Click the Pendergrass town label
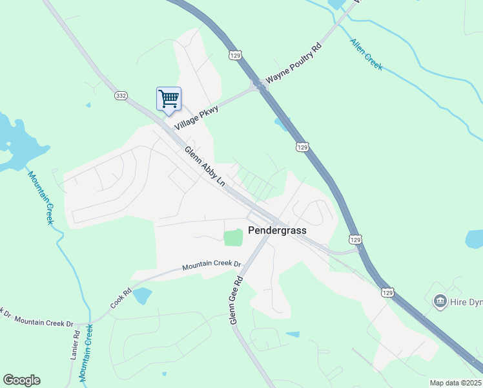point(277,230)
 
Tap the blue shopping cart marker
point(169,100)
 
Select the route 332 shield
point(121,95)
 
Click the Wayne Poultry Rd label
point(294,63)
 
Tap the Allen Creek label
point(366,54)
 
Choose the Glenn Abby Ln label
point(205,166)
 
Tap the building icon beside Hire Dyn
point(440,301)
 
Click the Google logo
point(21,380)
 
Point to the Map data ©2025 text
point(455,383)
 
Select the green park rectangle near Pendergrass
point(233,237)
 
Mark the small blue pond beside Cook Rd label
point(143,296)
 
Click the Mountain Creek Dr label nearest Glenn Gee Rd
point(211,265)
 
